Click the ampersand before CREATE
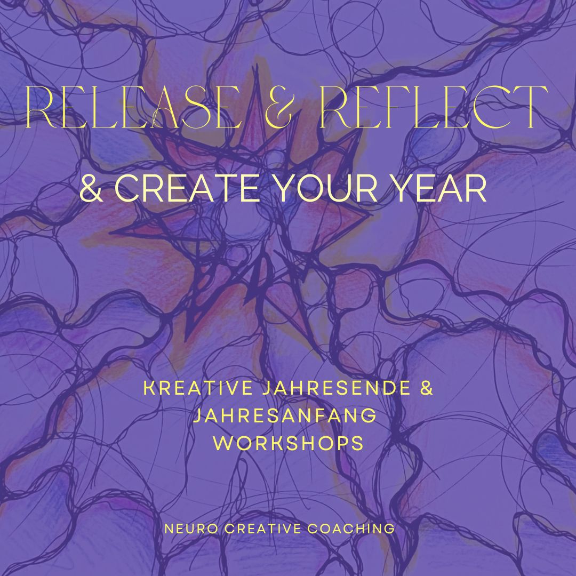(92, 189)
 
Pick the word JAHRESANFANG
(284, 415)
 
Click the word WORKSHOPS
(288, 443)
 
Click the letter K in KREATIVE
(149, 388)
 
